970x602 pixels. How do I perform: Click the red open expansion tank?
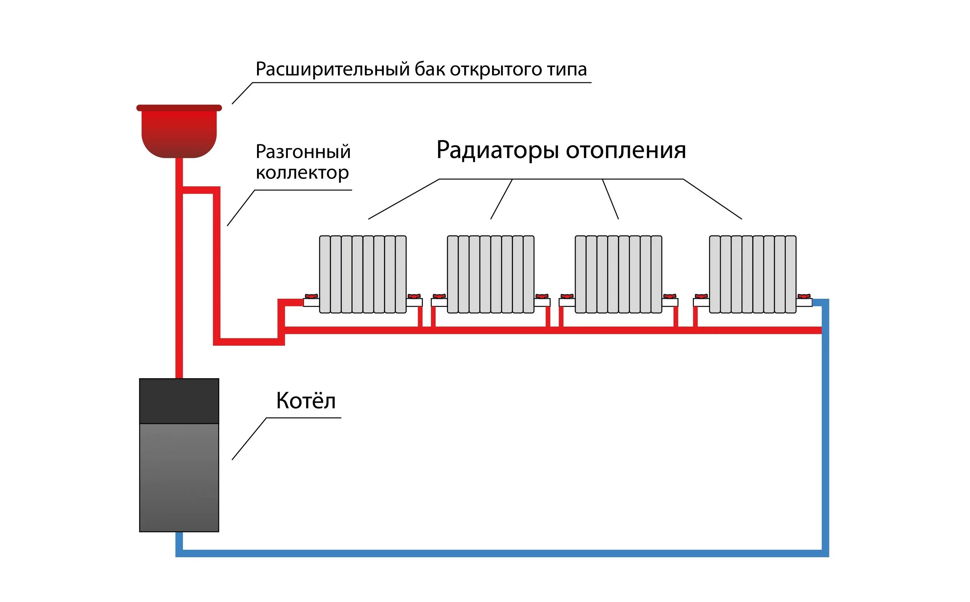tap(179, 133)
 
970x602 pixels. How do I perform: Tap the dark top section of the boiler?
tap(179, 400)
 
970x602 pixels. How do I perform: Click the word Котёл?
tap(306, 400)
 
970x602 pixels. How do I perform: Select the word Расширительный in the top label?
tap(332, 69)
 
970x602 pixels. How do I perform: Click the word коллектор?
tap(302, 173)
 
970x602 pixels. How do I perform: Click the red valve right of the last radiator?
tap(804, 296)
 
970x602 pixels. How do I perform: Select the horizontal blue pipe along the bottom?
tap(498, 553)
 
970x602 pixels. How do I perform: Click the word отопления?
tap(626, 150)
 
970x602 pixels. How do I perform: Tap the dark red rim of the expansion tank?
tap(179, 108)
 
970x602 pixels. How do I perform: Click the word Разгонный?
tap(303, 152)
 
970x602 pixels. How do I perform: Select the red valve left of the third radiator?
tap(567, 296)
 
